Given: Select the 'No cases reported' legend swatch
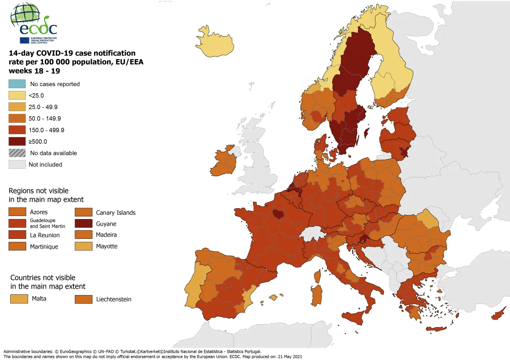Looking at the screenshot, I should coord(17,84).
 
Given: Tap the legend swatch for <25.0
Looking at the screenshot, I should coord(17,95).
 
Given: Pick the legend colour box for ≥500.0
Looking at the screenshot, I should coord(17,141).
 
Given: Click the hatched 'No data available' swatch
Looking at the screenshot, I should coord(17,153).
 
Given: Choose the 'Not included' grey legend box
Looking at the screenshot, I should coord(17,164).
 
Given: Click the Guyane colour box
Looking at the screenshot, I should coord(83,223).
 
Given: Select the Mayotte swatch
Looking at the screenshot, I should coord(83,246).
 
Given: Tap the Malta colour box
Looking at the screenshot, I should coord(19,299).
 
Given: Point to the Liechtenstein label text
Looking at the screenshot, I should coord(114,299).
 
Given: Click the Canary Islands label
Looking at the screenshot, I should coord(116,212).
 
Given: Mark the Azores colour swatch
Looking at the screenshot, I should coord(17,212).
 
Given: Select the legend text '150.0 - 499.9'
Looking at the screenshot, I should coord(46,130).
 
